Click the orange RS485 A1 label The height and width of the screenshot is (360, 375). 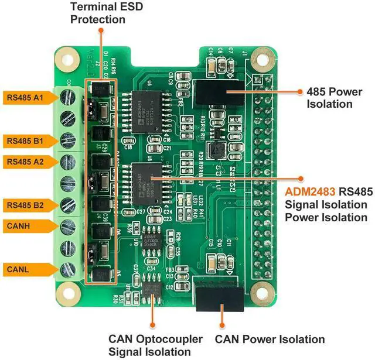[x=23, y=97]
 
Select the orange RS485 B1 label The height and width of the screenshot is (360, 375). [x=23, y=141]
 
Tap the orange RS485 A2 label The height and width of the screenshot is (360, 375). [x=23, y=161]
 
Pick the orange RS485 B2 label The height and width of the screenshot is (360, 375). [x=23, y=205]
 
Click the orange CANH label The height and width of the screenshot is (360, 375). [x=19, y=225]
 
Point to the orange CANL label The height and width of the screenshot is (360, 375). [x=19, y=269]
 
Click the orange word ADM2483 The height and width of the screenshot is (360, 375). [x=309, y=193]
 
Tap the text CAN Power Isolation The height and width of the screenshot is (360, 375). [x=270, y=340]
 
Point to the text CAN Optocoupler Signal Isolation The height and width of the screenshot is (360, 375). [x=155, y=345]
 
